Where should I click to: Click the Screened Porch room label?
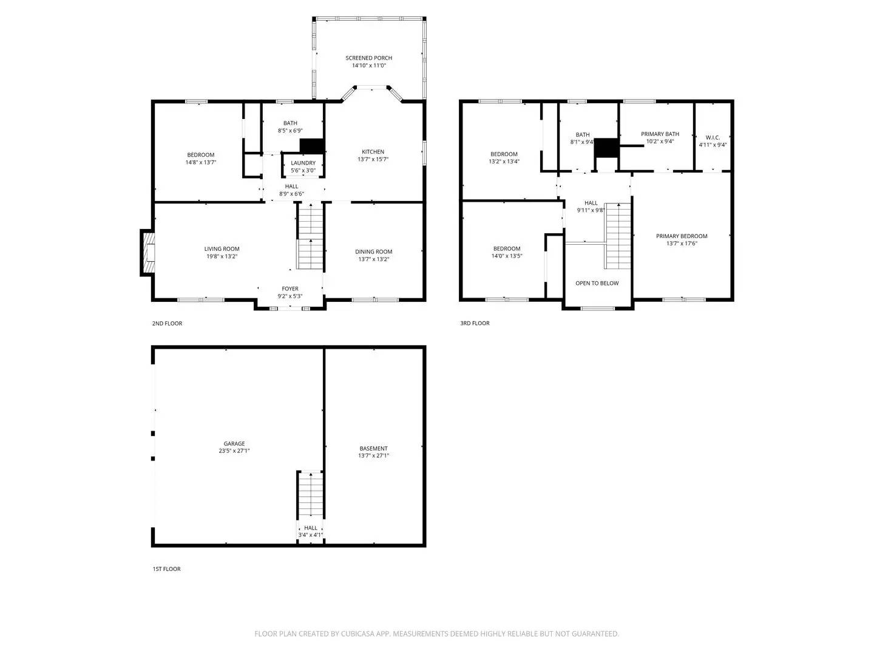(x=368, y=58)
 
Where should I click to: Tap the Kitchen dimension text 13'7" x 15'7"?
(x=373, y=160)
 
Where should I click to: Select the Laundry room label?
(x=303, y=163)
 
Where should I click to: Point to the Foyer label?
(x=290, y=289)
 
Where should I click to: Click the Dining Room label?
(x=373, y=251)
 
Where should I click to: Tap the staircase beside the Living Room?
(x=311, y=237)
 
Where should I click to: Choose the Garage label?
(x=234, y=443)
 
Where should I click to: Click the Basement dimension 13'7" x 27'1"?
(x=373, y=456)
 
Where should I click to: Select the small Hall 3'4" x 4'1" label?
(x=311, y=528)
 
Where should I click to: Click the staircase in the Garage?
(x=311, y=495)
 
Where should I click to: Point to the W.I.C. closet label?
(x=713, y=137)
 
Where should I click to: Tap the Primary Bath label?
(x=660, y=134)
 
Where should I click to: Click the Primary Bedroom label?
(x=682, y=236)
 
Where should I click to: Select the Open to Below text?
(x=597, y=283)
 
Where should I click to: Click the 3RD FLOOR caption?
(x=475, y=323)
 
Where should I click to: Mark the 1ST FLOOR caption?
(x=166, y=569)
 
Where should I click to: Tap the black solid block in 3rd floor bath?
(x=606, y=148)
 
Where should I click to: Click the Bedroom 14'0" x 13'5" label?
(x=507, y=248)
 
